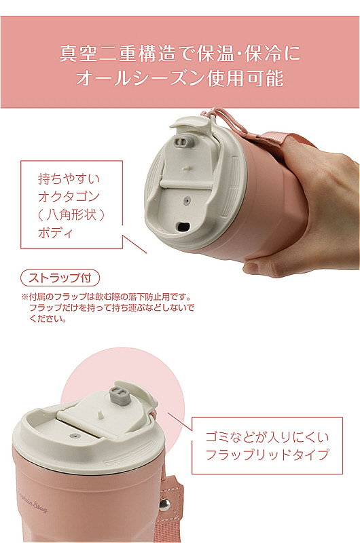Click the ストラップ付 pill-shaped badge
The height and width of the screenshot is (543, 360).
coord(60,278)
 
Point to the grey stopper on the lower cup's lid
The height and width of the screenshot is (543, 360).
coord(120,396)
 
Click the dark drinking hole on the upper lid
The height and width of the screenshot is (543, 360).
coord(183,227)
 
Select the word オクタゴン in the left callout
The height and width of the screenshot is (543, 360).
coord(69,197)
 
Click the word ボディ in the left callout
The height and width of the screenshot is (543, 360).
coord(56,233)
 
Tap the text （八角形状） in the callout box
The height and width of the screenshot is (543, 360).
coord(71,214)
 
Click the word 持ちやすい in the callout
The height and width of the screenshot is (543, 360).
coord(69,179)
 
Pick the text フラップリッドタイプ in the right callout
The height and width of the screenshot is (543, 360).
coord(267,454)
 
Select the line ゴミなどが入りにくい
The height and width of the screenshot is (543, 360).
coord(267,437)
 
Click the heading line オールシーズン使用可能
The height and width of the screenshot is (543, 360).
coord(180,78)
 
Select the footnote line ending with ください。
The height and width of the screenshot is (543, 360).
coord(48,319)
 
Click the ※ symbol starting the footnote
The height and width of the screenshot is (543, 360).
coord(24,297)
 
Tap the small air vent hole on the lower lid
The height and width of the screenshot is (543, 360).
coord(73,436)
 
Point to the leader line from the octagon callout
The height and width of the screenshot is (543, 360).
coord(134,244)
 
